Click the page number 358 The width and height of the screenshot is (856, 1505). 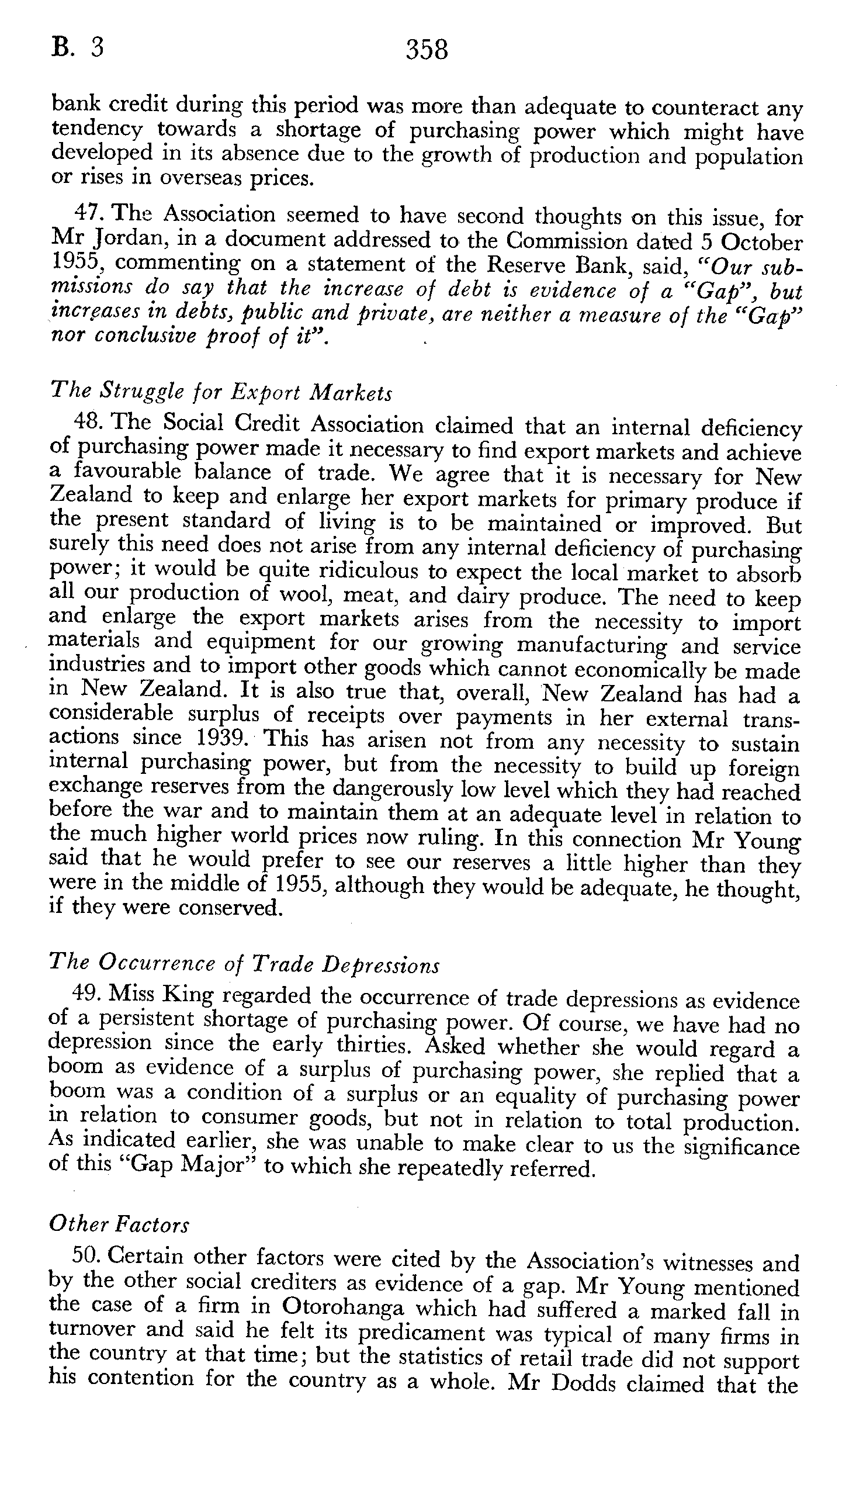point(427,50)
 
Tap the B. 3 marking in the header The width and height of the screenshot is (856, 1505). point(78,48)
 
